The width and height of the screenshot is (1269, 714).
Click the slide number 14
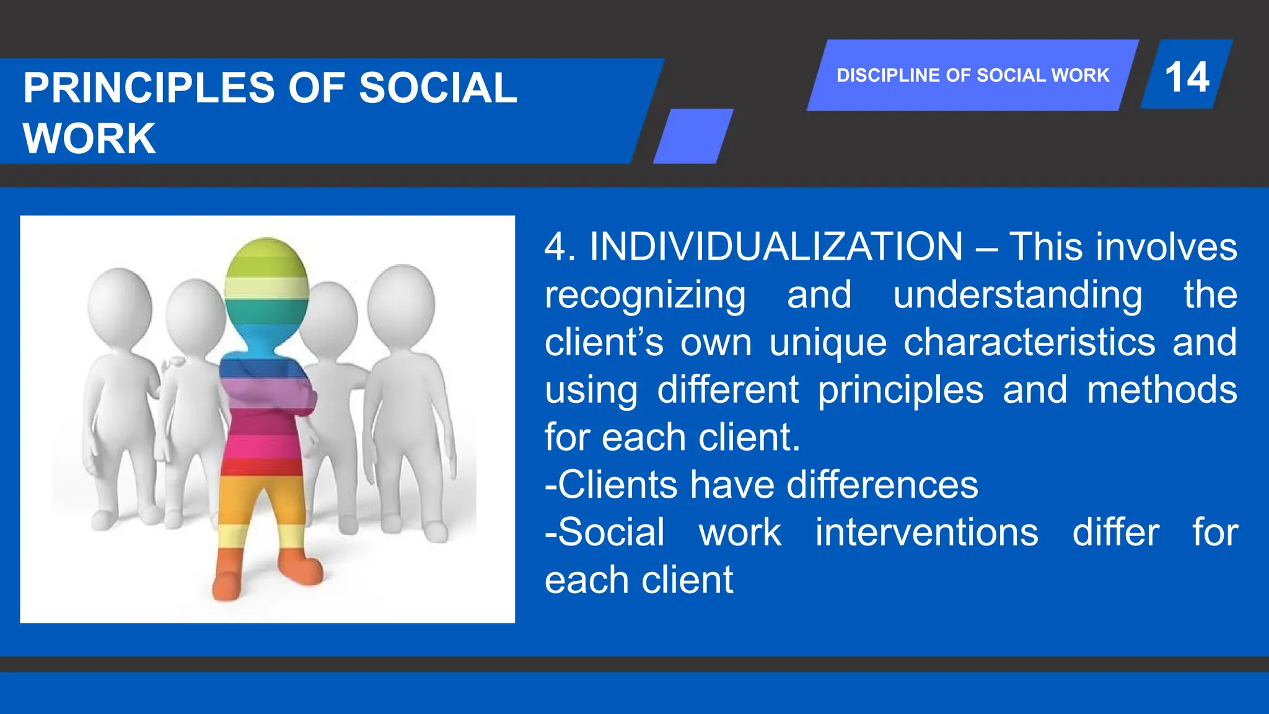pyautogui.click(x=1187, y=77)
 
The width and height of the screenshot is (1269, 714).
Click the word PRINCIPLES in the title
pyautogui.click(x=149, y=88)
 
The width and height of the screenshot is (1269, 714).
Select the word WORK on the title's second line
pyautogui.click(x=89, y=138)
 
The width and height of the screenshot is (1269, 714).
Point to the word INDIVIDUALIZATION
pyautogui.click(x=776, y=247)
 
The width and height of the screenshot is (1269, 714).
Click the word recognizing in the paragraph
pyautogui.click(x=645, y=295)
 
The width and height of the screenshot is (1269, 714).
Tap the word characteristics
pyautogui.click(x=1029, y=342)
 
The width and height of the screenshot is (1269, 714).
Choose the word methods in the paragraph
pyautogui.click(x=1162, y=390)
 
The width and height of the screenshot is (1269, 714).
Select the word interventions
pyautogui.click(x=926, y=532)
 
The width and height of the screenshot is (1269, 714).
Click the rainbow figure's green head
pyautogui.click(x=266, y=273)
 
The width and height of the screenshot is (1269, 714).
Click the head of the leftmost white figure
pyautogui.click(x=120, y=301)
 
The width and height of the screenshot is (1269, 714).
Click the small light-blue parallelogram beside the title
pyautogui.click(x=693, y=136)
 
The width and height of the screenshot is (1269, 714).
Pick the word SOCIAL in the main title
pyautogui.click(x=437, y=88)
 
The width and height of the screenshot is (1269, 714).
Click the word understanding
pyautogui.click(x=1017, y=295)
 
